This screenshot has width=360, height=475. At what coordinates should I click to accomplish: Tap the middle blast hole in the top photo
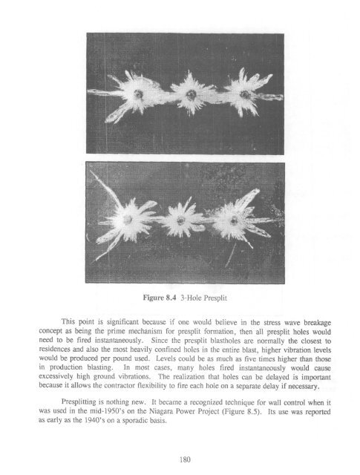(x=192, y=95)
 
